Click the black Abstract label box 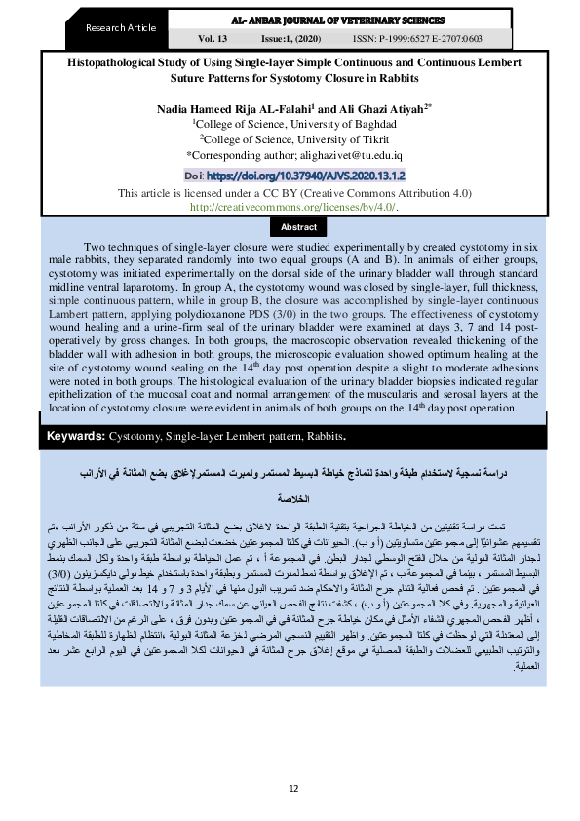[299, 226]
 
